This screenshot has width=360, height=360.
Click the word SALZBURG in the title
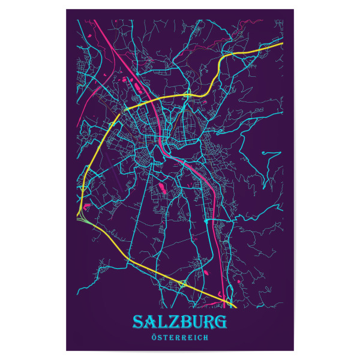(x=179, y=322)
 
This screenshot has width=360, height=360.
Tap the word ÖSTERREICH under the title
(x=180, y=338)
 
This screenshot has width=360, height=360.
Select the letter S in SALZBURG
(x=139, y=322)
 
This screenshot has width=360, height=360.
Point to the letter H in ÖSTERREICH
(x=206, y=338)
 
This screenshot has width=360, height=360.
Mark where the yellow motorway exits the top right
(x=282, y=44)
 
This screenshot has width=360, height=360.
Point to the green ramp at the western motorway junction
(x=85, y=221)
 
